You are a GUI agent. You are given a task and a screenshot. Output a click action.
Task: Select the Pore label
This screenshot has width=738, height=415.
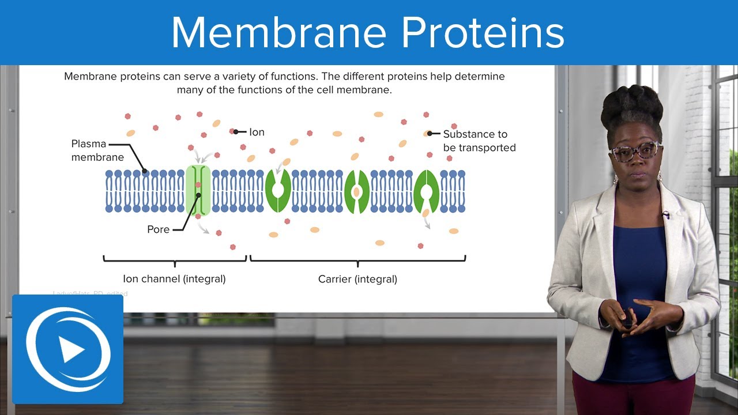point(158,229)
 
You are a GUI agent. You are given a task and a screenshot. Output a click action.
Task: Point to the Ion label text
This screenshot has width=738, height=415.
point(257,132)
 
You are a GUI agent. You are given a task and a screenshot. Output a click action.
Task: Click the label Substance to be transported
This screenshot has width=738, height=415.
point(479,141)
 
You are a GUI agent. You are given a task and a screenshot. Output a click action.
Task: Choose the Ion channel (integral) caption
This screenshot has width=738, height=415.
point(174,279)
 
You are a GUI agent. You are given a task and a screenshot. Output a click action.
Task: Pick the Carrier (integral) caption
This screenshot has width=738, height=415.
point(357,279)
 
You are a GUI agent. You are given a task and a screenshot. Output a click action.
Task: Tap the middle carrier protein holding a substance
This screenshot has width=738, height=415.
point(356,191)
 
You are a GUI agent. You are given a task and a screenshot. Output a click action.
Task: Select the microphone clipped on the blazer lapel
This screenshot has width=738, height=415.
point(666,215)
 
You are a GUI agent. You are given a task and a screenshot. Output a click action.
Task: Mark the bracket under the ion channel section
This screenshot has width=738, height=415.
point(175,261)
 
